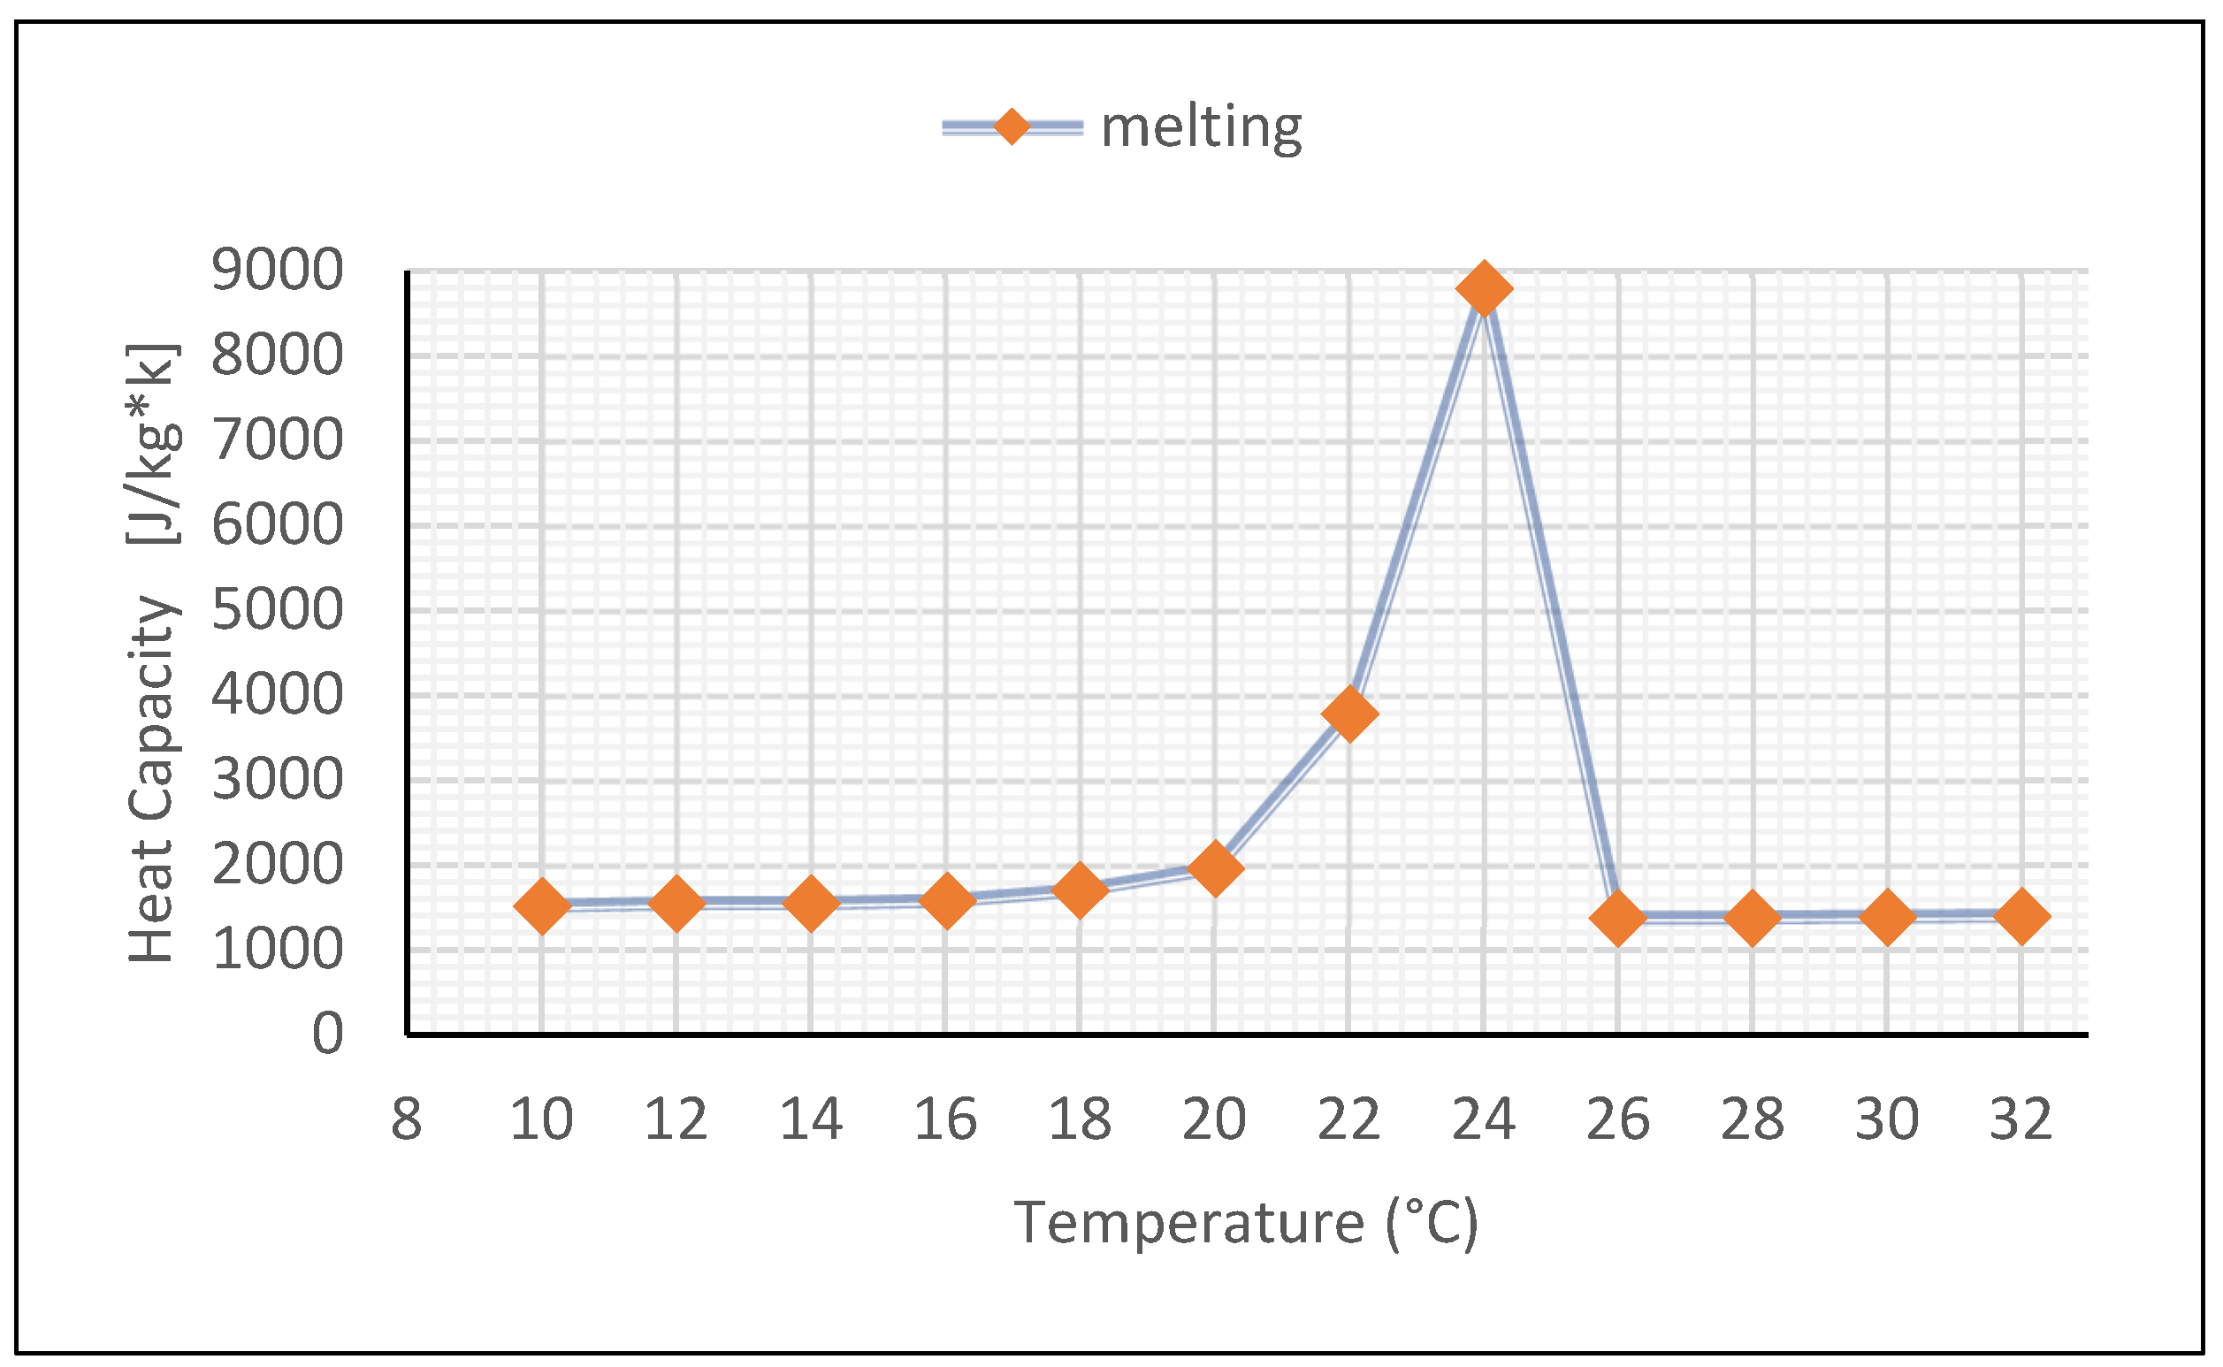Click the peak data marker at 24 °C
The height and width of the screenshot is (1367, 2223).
tap(1484, 288)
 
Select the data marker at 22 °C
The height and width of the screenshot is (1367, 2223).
tap(1348, 714)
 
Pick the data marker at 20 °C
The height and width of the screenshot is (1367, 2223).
tap(1214, 867)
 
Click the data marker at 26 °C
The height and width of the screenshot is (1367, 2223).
tap(1617, 918)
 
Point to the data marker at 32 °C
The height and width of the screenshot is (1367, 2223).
tap(2021, 916)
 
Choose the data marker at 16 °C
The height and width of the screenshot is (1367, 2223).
tap(945, 899)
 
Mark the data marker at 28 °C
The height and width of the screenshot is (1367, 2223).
tap(1753, 918)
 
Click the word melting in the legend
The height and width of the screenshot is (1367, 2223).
tap(1201, 127)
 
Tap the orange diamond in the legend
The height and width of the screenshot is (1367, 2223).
tap(1012, 126)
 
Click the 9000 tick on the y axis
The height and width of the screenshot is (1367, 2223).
tap(277, 270)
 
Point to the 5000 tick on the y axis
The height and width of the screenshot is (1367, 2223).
tap(277, 609)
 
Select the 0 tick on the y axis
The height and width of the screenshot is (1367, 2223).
tap(327, 1034)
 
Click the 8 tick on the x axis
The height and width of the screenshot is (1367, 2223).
tap(406, 1119)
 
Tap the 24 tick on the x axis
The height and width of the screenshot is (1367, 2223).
tap(1484, 1119)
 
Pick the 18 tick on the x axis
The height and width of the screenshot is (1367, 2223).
tap(1080, 1119)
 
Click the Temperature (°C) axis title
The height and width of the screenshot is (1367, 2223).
tap(1246, 1222)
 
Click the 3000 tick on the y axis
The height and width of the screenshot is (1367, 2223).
tap(277, 778)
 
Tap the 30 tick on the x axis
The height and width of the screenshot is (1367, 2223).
tap(1887, 1119)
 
